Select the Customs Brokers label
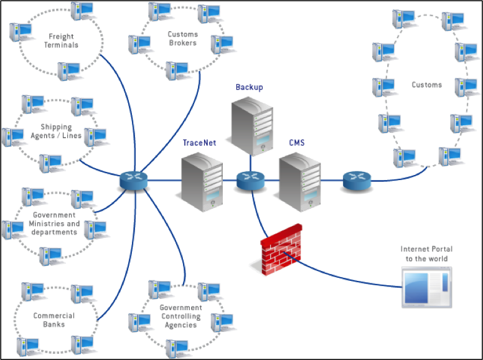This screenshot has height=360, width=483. point(182,39)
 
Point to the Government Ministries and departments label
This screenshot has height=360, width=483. point(54,224)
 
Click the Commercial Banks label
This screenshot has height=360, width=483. point(54,320)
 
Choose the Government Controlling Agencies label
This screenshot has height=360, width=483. point(181,316)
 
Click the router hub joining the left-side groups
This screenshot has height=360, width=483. point(133,181)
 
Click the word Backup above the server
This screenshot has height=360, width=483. point(250,87)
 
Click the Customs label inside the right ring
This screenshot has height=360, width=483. point(426,85)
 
